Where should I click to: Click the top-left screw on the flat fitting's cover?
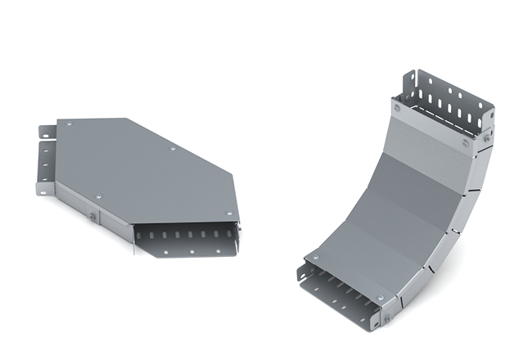(68, 124)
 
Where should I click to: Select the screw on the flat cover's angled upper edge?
(173, 149)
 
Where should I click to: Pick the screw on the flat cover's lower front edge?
(99, 197)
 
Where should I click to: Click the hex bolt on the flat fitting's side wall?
(93, 217)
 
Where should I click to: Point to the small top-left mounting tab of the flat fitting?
(47, 129)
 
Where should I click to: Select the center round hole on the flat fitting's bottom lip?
(192, 251)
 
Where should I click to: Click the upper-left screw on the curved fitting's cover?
(397, 107)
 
